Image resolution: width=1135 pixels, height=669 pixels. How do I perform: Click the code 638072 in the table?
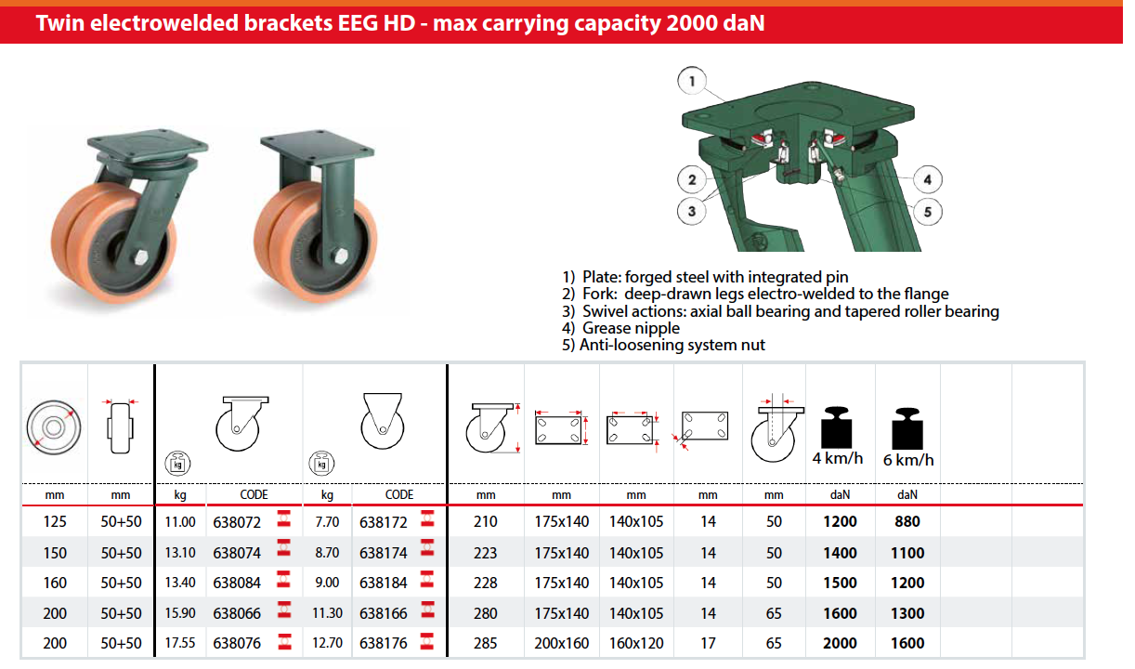tap(237, 522)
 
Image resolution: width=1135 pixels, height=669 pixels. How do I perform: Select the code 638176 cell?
tap(383, 643)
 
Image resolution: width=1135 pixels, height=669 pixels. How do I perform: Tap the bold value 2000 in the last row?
tap(840, 643)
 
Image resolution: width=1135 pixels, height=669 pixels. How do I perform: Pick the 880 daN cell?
tap(907, 521)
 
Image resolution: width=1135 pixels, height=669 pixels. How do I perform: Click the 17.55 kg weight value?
tap(180, 643)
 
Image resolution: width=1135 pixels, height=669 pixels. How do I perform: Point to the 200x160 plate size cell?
tap(561, 643)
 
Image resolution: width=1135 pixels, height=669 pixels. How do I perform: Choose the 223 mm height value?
tap(486, 553)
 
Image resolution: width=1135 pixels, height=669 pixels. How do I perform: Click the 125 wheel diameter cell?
tap(55, 521)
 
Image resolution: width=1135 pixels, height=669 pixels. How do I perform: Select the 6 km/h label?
tap(908, 460)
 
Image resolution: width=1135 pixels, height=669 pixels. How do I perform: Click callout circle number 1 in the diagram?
tap(692, 81)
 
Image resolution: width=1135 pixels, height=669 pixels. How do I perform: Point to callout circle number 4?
tap(927, 179)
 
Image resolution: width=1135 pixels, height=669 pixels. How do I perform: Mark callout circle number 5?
tap(927, 211)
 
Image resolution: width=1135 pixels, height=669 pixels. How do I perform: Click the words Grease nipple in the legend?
tap(631, 328)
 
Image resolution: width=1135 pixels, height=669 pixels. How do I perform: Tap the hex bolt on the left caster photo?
tap(141, 257)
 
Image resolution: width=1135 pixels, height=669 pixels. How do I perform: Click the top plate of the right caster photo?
tap(318, 144)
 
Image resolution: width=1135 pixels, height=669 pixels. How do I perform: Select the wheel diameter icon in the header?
tap(53, 427)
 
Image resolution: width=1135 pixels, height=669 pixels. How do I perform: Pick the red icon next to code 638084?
tap(284, 579)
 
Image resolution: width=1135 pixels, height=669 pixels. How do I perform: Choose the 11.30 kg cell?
tap(327, 613)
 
